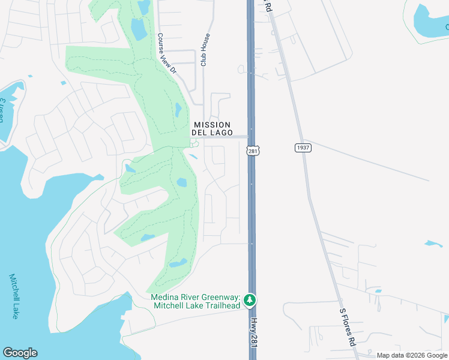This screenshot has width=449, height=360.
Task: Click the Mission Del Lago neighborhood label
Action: [211, 128]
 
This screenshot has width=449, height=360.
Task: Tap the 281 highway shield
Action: [253, 152]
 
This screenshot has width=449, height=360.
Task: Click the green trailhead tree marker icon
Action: [250, 299]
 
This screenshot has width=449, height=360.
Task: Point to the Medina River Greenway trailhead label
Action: [196, 301]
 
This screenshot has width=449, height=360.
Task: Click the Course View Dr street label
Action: [167, 53]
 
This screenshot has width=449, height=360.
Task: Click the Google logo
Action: [20, 353]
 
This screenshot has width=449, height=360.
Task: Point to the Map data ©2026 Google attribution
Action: [412, 356]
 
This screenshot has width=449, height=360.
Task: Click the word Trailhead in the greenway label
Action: [220, 305]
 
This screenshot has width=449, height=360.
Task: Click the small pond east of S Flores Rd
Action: [432, 244]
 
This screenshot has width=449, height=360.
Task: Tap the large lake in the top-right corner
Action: [431, 21]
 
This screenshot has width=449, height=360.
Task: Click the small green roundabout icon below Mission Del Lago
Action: [194, 143]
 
